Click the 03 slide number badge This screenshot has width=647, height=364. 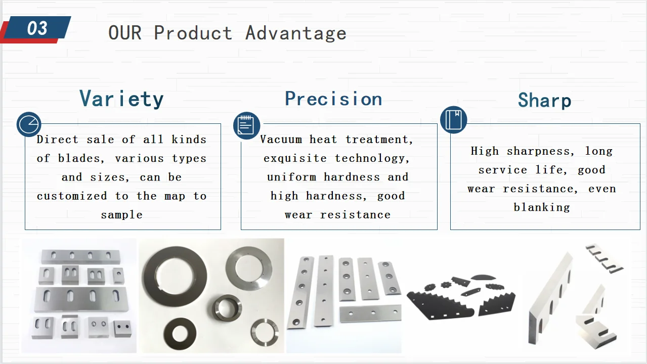tap(37, 28)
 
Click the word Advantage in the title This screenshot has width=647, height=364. tap(296, 33)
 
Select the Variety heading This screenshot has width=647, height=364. tap(121, 99)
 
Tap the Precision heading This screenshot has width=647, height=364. tap(333, 99)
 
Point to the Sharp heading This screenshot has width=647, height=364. tap(544, 101)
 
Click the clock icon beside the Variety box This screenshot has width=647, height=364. tap(29, 124)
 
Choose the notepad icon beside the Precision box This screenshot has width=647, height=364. tap(246, 125)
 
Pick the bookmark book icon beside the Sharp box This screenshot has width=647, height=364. tap(453, 120)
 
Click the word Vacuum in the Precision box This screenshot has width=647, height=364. tap(281, 140)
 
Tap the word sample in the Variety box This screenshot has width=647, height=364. tap(121, 215)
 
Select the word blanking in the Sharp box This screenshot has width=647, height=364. tap(542, 208)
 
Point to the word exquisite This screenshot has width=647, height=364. tap(295, 158)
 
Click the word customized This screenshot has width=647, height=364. tap(72, 196)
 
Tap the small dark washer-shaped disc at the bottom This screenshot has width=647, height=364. tap(180, 334)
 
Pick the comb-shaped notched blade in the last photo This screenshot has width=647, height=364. tap(604, 259)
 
